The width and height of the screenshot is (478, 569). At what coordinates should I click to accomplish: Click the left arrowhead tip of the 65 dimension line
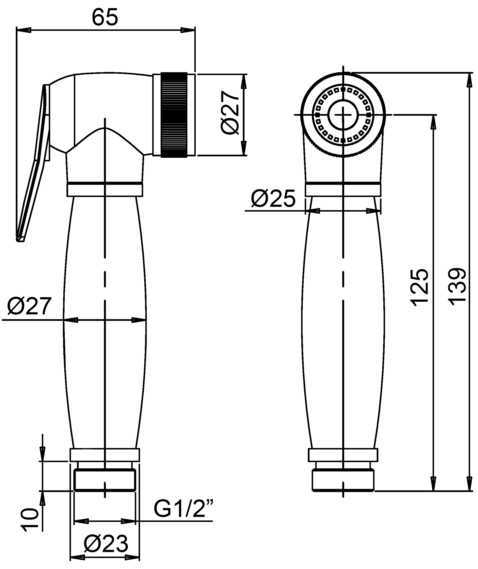17,30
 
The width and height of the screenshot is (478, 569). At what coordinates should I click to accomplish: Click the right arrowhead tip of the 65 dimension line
195,30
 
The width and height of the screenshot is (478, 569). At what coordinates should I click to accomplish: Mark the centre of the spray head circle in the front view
343,115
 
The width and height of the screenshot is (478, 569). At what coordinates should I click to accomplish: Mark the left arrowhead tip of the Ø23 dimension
71,557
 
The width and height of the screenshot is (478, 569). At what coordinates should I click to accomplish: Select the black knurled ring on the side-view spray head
174,115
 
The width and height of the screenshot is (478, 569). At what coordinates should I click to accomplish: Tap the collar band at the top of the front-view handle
343,190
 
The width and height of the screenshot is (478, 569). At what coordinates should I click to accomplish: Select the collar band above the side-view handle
105,190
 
